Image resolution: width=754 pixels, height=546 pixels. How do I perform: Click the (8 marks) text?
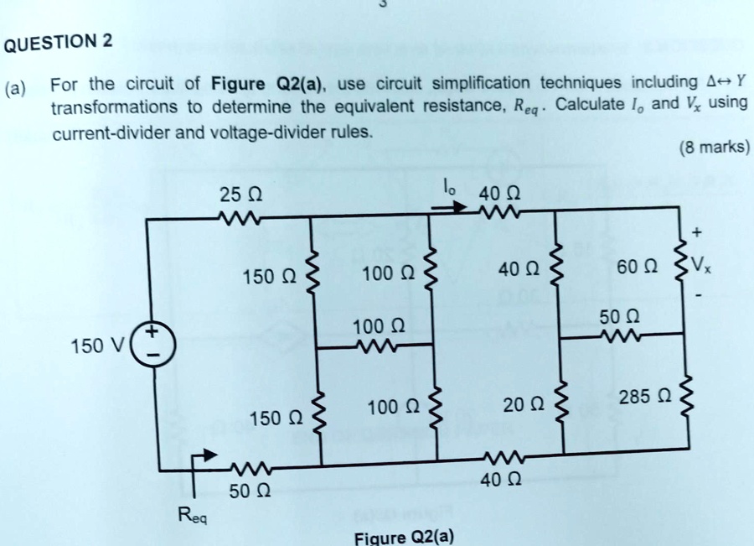coord(715,147)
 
